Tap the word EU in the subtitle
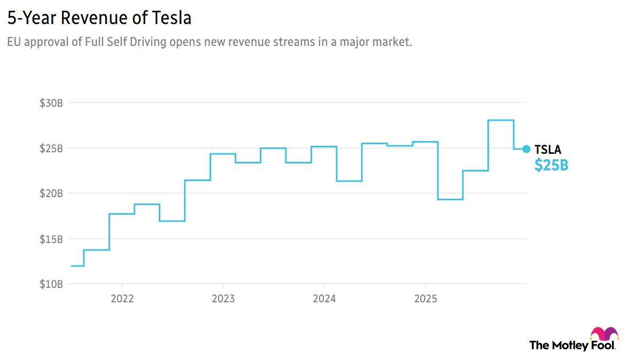tap(14, 43)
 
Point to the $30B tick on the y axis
tap(51, 103)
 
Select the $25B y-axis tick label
tap(51, 148)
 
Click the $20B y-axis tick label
tap(51, 193)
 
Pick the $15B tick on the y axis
tap(51, 239)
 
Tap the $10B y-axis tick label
tap(51, 284)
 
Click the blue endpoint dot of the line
tap(526, 149)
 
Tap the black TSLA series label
tap(548, 150)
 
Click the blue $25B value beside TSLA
tap(551, 166)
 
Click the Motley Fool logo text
tap(572, 345)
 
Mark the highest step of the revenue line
tap(501, 120)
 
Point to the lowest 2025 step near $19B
tap(450, 199)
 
